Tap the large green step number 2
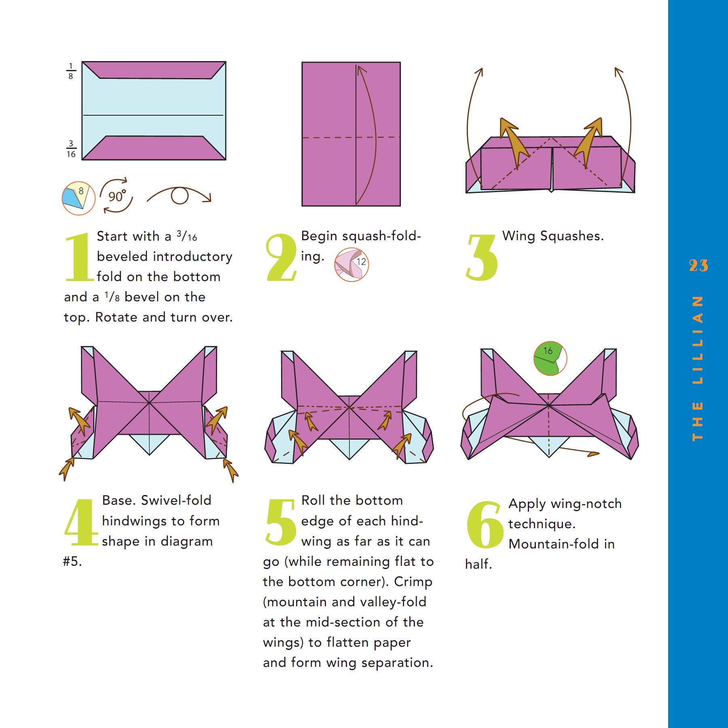click(281, 257)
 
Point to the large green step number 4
click(81, 523)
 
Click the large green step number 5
click(281, 522)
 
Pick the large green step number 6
click(485, 524)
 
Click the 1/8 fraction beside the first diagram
click(71, 71)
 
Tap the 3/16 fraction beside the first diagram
click(71, 149)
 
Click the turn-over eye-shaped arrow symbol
click(179, 196)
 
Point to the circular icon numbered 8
click(78, 198)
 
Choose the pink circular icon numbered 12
click(351, 265)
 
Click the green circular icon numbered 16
click(550, 358)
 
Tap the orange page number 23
click(698, 266)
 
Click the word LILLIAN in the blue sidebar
click(697, 340)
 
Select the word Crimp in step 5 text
click(413, 582)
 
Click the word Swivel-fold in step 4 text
click(176, 500)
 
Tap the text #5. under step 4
click(72, 561)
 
